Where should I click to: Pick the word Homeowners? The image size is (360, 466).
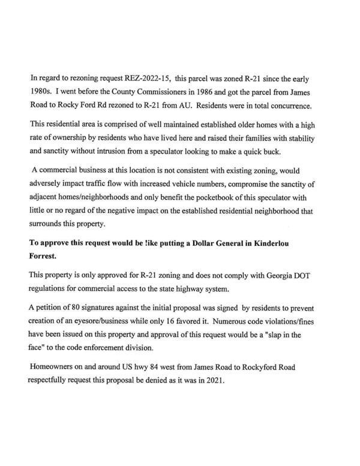[x=54, y=367]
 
